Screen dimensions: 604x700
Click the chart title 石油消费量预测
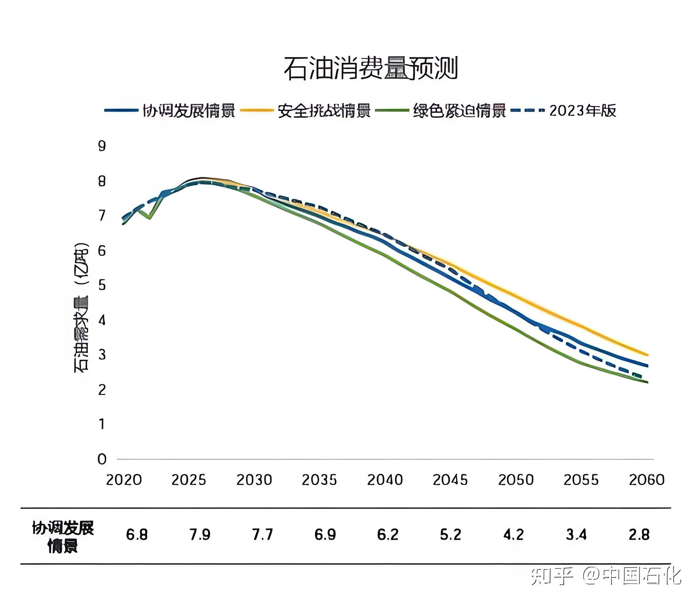371,69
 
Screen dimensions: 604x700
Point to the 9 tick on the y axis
102,146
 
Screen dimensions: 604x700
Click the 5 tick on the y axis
102,285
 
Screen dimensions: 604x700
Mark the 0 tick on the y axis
102,459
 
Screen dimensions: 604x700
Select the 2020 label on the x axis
124,480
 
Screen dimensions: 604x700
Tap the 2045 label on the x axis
450,480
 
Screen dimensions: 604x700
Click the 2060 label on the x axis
646,480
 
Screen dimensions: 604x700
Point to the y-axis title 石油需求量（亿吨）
81,307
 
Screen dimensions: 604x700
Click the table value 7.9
200,535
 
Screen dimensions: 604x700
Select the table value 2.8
639,535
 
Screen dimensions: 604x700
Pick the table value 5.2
450,535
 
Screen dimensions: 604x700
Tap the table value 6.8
137,535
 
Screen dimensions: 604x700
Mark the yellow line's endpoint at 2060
647,355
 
